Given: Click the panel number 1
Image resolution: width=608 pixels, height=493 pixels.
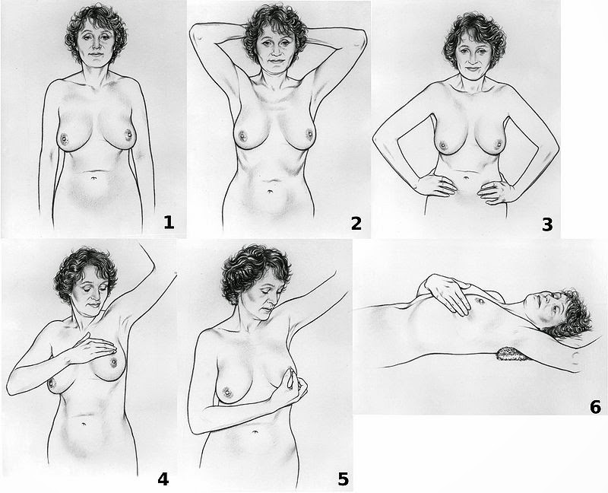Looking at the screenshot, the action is [169, 223].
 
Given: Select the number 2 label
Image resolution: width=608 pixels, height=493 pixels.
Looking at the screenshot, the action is [356, 223].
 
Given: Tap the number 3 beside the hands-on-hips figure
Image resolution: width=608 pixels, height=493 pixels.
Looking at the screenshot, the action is [547, 224].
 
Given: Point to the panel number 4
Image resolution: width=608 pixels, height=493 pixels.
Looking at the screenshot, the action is [163, 480].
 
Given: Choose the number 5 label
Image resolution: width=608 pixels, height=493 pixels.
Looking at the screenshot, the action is [343, 480].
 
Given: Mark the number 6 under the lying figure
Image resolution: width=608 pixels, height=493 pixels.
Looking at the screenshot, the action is [595, 407].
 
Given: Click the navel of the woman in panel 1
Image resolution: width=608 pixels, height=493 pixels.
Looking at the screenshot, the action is [94, 178].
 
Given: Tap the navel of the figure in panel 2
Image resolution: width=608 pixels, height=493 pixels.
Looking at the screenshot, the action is [271, 192].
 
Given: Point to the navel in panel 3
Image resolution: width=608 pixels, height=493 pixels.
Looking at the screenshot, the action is [467, 178].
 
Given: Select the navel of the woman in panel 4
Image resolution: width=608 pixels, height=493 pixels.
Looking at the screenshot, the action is [84, 424].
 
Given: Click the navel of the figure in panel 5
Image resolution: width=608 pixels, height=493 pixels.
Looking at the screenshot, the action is [255, 431].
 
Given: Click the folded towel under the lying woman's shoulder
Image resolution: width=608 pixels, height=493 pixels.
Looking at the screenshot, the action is [511, 355].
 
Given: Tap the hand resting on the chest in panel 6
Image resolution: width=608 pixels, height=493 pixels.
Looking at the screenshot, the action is [447, 293].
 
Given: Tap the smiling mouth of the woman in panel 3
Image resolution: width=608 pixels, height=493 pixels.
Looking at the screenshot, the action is [472, 68].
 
